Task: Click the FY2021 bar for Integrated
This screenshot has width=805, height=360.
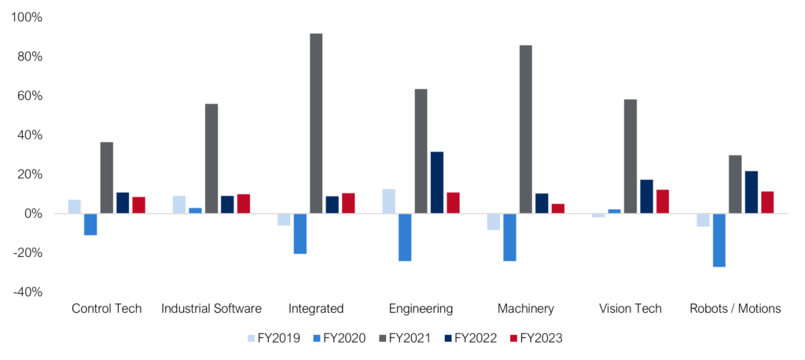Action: tap(316, 123)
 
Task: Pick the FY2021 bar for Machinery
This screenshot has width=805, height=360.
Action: tap(526, 130)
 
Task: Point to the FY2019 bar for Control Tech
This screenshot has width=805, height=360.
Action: tap(75, 207)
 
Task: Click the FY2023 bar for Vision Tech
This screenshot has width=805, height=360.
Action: tap(663, 201)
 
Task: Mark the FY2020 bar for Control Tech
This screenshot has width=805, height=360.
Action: tap(90, 224)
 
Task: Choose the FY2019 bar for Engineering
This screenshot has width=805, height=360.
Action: tap(389, 201)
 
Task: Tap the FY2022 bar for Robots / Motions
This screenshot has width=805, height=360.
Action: tap(752, 192)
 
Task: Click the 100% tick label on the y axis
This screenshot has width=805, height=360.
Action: tap(28, 17)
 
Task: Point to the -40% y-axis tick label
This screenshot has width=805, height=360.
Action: tap(28, 292)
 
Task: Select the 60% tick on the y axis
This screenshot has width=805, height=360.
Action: tap(31, 96)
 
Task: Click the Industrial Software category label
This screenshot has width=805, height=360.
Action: tap(211, 309)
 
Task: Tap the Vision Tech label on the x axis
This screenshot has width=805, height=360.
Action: tap(630, 309)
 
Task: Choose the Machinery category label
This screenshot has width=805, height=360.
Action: tap(526, 309)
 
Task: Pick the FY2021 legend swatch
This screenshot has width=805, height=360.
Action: tap(383, 338)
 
